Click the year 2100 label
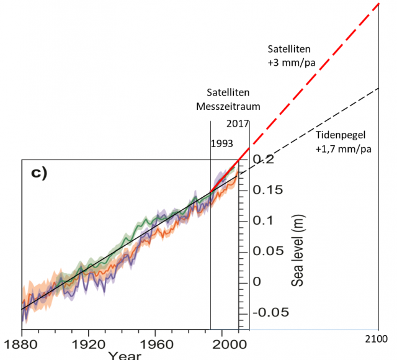377,339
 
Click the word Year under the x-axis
124,356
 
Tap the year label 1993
221,143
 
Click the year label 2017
238,124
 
